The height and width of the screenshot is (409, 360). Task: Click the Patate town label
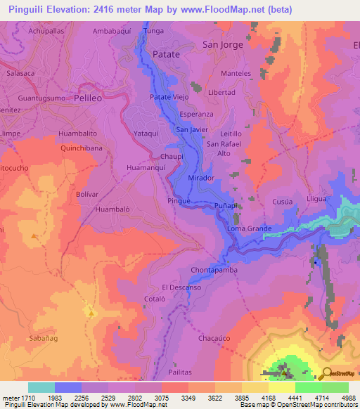167,53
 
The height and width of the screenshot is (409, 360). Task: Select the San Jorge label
222,44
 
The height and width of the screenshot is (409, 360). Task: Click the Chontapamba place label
214,270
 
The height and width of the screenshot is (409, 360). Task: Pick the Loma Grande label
249,229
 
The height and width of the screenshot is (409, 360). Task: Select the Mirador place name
201,178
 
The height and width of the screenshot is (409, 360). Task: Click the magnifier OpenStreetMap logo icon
325,373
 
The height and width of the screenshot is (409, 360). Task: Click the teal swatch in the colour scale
41,387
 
